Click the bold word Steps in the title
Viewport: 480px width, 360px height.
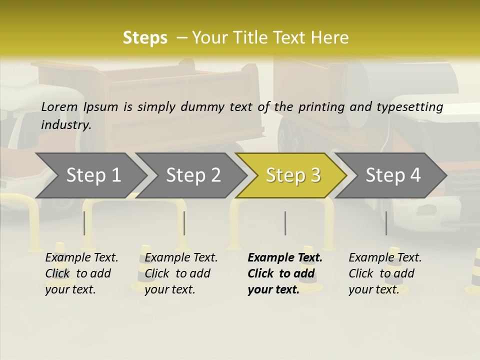145,37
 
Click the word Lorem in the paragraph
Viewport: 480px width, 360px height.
59,106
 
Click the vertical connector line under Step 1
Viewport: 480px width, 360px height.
84,223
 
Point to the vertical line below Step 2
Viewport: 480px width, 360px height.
184,223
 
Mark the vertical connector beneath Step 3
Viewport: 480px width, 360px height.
285,223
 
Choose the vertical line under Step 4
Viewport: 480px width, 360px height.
386,223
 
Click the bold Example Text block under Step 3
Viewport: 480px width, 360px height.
284,273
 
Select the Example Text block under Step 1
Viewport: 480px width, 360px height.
81,273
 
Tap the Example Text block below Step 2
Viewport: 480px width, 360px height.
180,273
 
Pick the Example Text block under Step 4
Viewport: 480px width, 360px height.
384,273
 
